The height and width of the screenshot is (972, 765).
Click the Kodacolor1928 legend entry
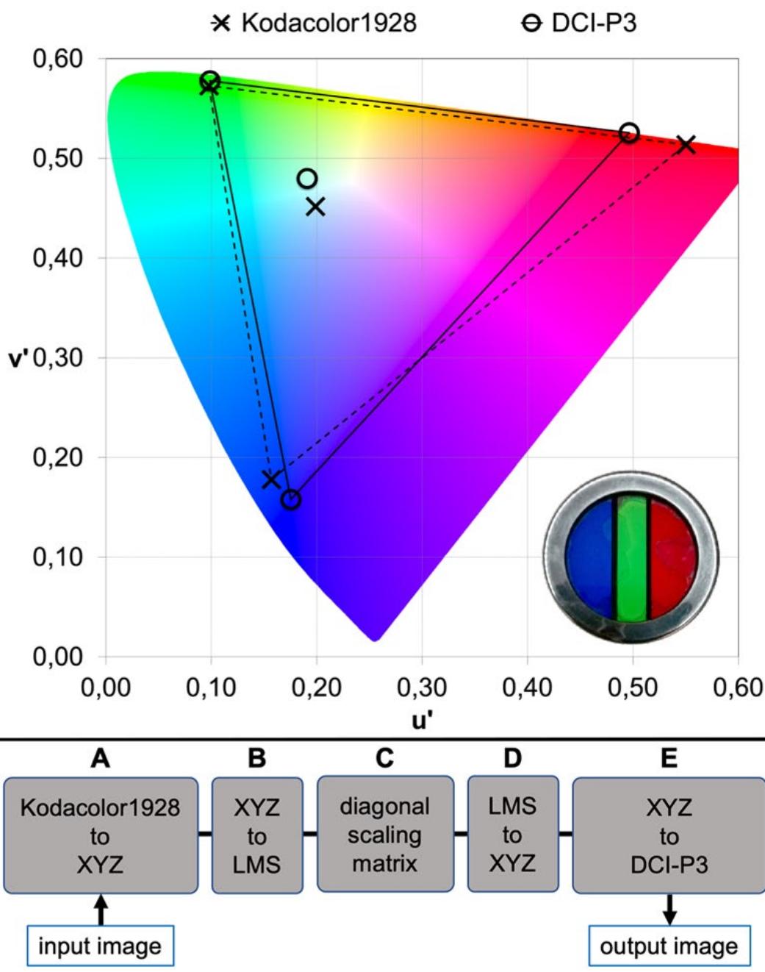point(315,24)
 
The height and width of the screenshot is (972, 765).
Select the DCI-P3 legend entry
point(579,24)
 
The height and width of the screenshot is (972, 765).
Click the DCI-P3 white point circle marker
point(307,179)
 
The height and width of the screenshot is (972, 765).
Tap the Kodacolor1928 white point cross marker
point(315,207)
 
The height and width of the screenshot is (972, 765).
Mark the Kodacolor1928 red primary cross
point(686,144)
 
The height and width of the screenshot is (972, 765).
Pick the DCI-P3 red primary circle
point(629,133)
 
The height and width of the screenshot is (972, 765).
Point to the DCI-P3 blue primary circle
point(291,500)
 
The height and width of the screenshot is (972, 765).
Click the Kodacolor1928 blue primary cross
point(271,479)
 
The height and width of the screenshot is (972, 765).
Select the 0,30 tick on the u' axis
point(422,687)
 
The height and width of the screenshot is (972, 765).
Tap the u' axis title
point(422,720)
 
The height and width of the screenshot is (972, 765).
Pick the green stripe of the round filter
point(631,557)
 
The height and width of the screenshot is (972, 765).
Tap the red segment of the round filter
point(672,557)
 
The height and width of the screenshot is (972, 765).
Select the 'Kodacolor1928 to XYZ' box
point(100,836)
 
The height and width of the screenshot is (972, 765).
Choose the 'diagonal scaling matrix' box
point(384,835)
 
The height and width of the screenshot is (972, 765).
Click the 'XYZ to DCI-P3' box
point(668,836)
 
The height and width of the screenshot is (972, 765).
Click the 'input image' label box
point(100,946)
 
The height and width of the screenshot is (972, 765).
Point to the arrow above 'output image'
point(669,910)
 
